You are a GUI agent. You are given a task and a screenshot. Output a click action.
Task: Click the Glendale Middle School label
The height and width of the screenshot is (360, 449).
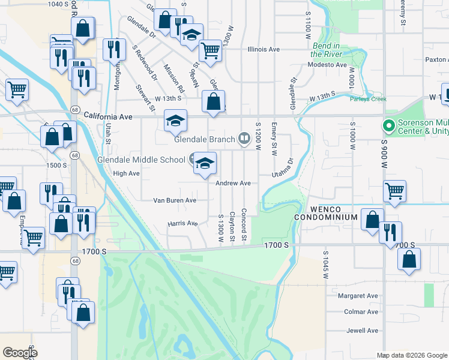141,160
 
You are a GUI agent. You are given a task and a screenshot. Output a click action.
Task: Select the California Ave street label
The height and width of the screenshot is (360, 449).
107,115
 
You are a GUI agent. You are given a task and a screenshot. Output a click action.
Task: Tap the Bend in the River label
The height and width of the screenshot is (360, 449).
327,50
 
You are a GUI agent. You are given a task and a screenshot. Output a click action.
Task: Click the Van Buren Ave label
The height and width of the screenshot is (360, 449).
175,200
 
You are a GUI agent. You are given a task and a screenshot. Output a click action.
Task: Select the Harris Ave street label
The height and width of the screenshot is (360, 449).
183,224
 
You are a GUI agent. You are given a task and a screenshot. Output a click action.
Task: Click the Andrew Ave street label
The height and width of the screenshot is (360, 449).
234,183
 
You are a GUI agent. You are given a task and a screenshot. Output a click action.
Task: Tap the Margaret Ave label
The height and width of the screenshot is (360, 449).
358,296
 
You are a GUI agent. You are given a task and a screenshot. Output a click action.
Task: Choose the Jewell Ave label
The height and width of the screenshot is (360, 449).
363,331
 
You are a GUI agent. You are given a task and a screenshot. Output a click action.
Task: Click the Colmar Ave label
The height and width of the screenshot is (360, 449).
362,312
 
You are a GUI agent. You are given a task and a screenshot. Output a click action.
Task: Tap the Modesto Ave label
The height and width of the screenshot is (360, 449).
328,65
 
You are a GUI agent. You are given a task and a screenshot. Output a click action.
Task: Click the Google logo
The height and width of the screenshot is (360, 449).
20,352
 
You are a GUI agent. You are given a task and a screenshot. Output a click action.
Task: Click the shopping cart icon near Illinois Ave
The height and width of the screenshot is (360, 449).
210,51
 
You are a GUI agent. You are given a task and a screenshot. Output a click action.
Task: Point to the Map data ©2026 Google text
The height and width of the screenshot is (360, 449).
411,355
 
